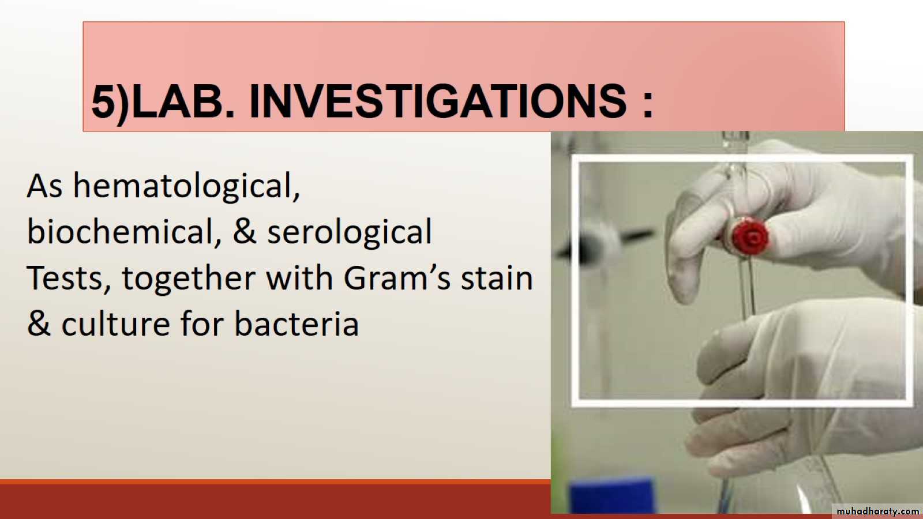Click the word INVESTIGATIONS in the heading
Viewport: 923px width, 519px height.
pyautogui.click(x=438, y=101)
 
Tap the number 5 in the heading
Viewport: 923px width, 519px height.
pyautogui.click(x=103, y=101)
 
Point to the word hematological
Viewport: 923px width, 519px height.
pyautogui.click(x=187, y=186)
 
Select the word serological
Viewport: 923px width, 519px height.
pyautogui.click(x=350, y=232)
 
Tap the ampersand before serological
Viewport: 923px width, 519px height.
pyautogui.click(x=245, y=231)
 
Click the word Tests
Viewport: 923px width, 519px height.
pyautogui.click(x=69, y=278)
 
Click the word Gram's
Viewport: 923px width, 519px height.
pyautogui.click(x=397, y=278)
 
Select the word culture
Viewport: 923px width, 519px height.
pyautogui.click(x=116, y=324)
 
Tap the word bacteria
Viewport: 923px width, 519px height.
pyautogui.click(x=297, y=324)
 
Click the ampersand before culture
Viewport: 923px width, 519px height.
pyautogui.click(x=39, y=324)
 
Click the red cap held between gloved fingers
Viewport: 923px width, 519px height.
pyautogui.click(x=751, y=237)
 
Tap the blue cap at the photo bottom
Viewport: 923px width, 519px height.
pyautogui.click(x=611, y=497)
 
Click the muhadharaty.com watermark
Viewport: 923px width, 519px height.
pyautogui.click(x=877, y=511)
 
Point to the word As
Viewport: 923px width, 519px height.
pyautogui.click(x=45, y=187)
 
